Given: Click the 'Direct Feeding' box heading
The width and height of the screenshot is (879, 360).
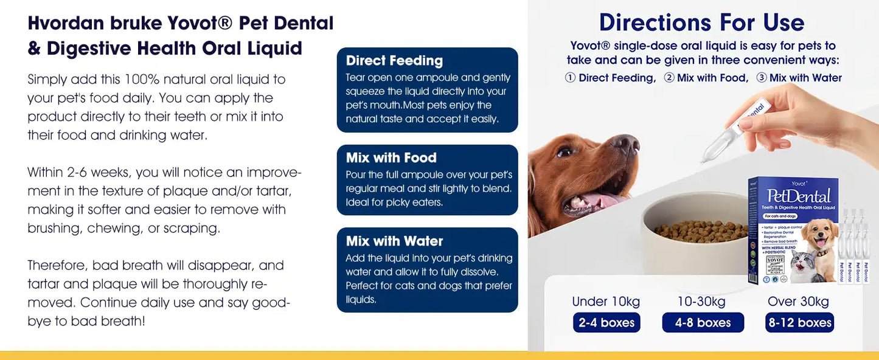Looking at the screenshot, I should click(394, 61).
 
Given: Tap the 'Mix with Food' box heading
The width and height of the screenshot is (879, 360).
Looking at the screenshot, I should click(391, 158).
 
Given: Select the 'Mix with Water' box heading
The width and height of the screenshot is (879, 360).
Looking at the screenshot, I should click(394, 241).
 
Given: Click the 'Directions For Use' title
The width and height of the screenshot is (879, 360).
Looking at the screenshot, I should click(702, 22).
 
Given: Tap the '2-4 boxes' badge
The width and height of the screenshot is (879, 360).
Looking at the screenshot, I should click(606, 322).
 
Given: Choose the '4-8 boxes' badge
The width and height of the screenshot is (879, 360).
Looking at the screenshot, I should click(703, 322).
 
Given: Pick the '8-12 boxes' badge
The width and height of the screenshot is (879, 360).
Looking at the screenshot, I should click(799, 322).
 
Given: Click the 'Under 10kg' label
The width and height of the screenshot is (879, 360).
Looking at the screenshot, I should click(606, 302).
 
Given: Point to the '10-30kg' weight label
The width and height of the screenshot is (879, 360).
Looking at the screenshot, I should click(701, 302).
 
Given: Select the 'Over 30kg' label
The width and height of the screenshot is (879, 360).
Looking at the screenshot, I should click(799, 302).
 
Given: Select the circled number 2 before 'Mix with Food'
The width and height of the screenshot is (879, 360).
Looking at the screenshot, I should click(669, 78).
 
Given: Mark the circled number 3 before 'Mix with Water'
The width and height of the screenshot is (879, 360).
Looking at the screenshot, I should click(761, 78).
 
